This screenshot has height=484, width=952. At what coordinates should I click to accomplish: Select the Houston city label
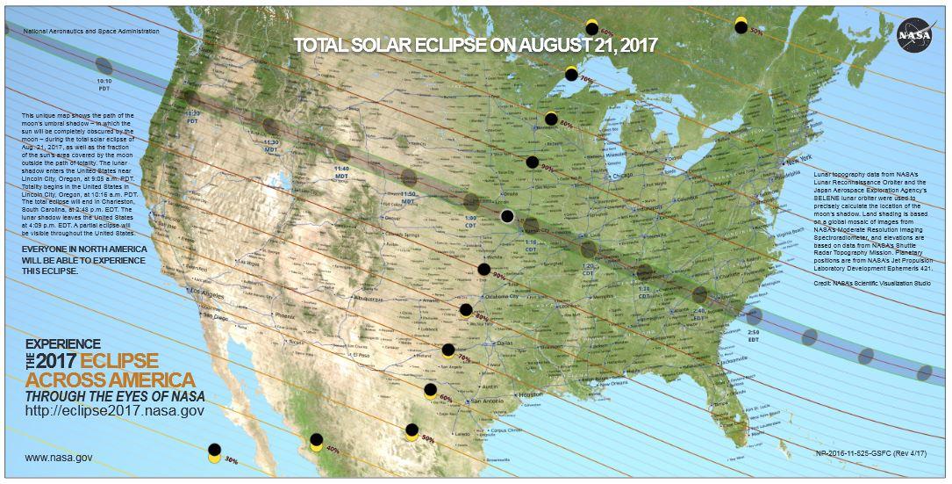pos(531,395)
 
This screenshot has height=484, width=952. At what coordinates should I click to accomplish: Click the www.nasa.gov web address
pos(59,458)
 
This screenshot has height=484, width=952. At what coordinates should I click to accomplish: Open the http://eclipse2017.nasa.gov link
pos(115,410)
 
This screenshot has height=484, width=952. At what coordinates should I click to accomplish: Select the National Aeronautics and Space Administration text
pos(92,31)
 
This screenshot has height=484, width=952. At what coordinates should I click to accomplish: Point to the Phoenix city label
pos(286,314)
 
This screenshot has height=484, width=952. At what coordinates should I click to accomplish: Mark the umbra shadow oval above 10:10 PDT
pos(104,65)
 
